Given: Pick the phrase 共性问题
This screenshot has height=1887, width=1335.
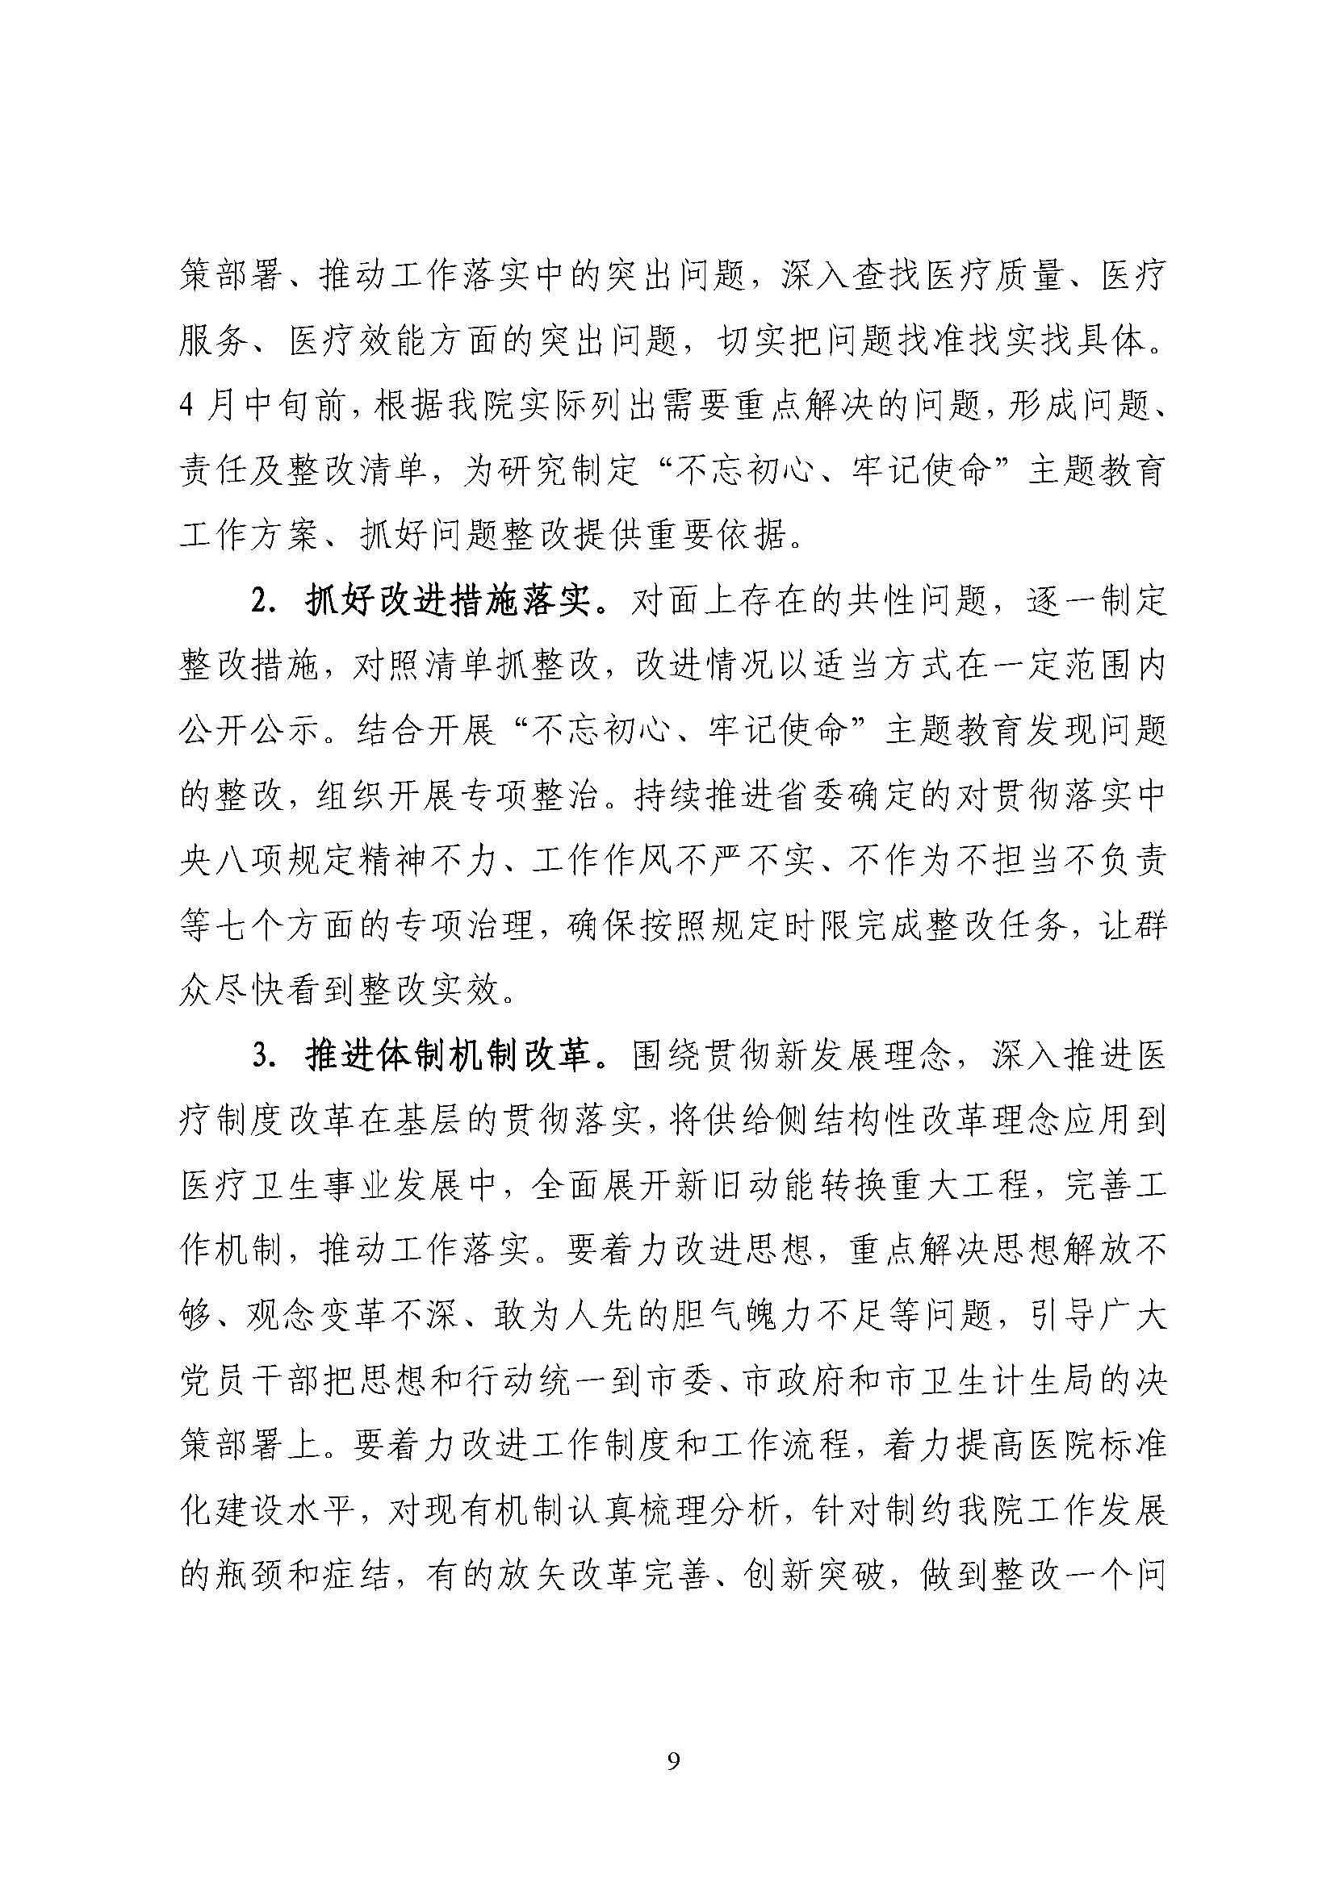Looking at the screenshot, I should point(925,603).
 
